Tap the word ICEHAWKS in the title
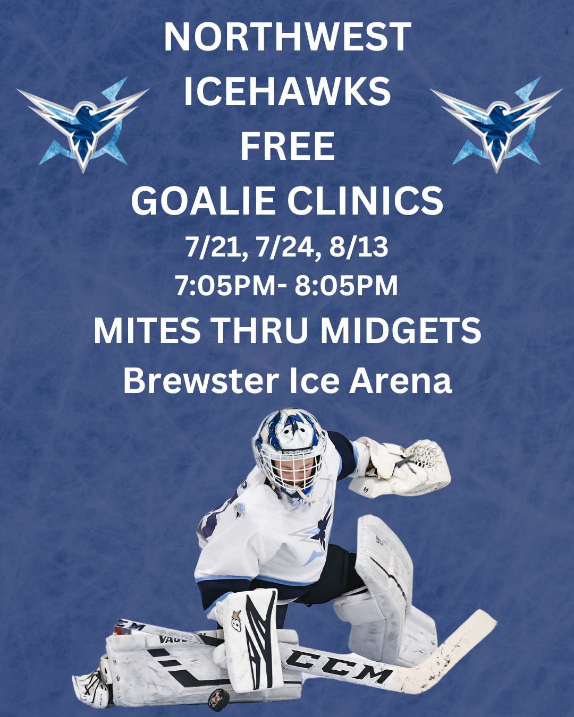point(287,91)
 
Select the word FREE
point(287,146)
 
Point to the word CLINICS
point(365,200)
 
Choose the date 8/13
point(359,247)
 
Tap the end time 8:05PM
point(346,286)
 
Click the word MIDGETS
point(401,330)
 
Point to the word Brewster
point(201,380)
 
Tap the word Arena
point(400,380)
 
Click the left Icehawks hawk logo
point(83,125)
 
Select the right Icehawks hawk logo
point(496,125)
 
